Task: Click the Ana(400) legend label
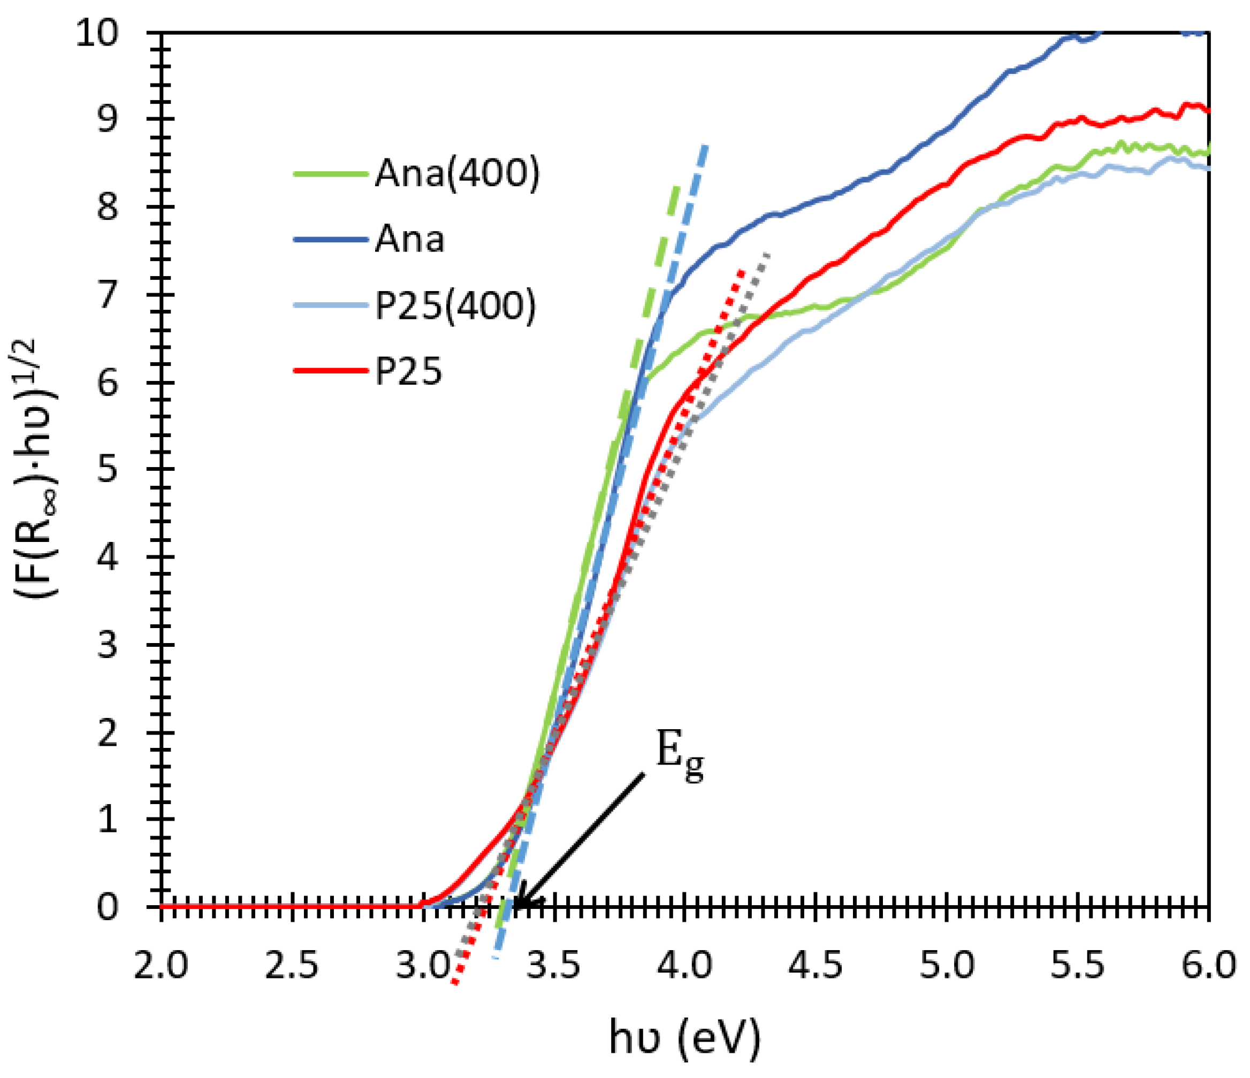click(456, 174)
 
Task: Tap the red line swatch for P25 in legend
click(331, 370)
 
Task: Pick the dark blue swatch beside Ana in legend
click(331, 240)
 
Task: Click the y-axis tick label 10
click(96, 33)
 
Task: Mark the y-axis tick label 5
click(109, 469)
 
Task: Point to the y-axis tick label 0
click(109, 907)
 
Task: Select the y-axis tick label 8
click(109, 208)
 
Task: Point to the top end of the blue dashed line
click(705, 146)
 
